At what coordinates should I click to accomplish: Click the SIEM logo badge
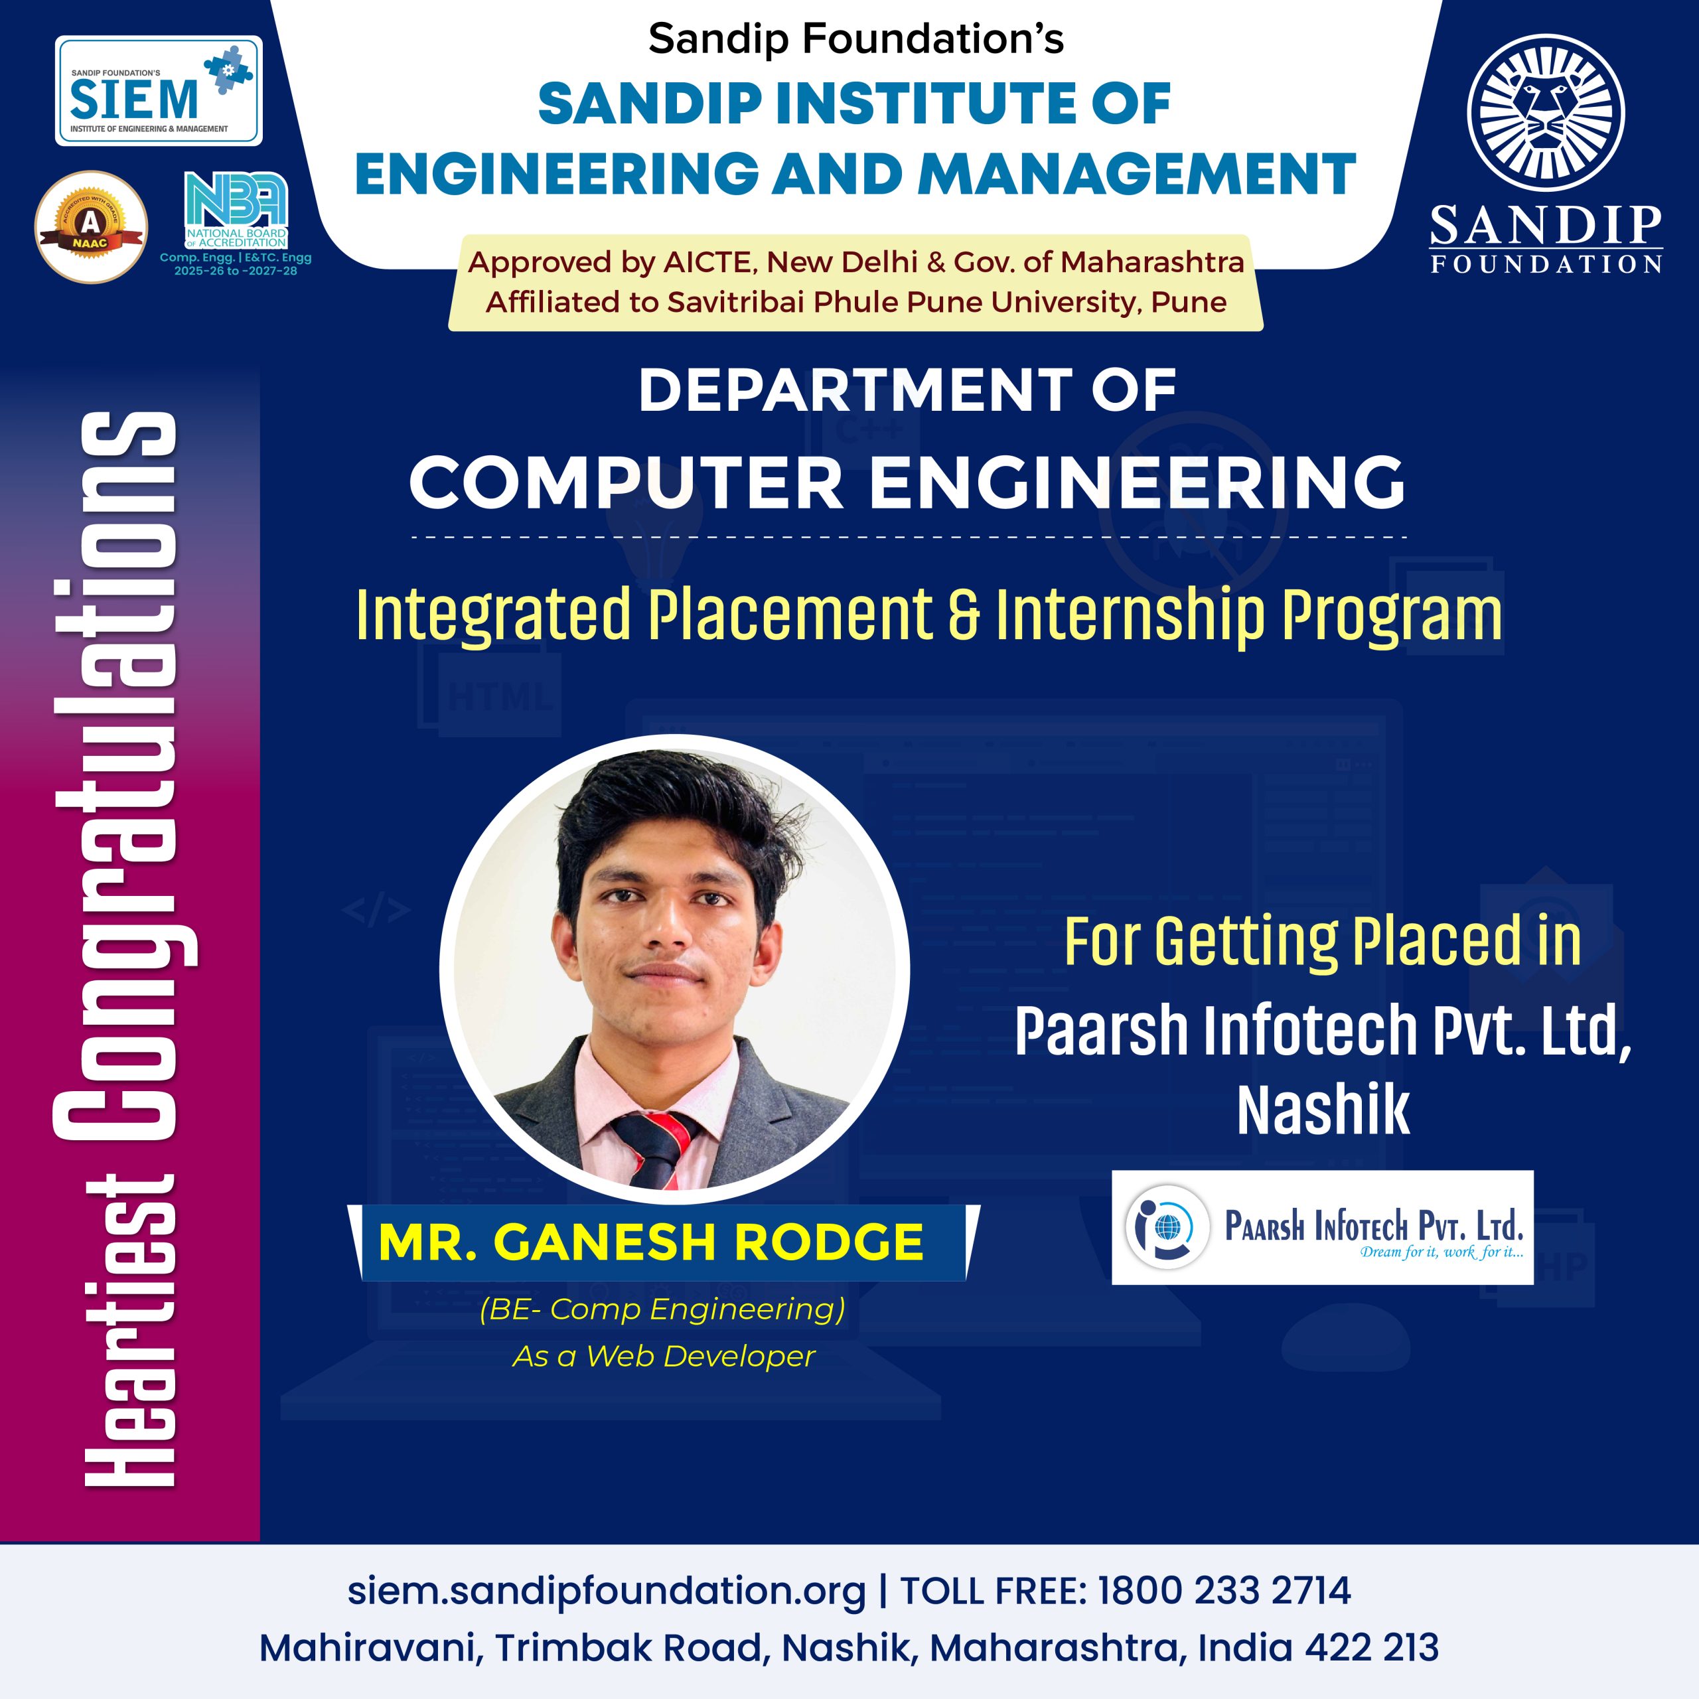[x=159, y=90]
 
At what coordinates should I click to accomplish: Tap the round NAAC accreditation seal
[x=90, y=227]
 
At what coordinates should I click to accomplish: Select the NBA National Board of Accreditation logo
[x=236, y=211]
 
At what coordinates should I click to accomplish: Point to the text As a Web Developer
[x=664, y=1356]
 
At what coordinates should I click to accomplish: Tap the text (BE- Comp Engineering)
[x=663, y=1309]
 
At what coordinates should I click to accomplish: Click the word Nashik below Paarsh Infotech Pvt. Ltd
[x=1323, y=1110]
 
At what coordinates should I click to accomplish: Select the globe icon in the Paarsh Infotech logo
[x=1169, y=1226]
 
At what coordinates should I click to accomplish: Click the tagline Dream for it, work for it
[x=1442, y=1252]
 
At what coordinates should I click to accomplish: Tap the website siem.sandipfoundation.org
[x=607, y=1591]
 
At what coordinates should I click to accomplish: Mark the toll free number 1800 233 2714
[x=1224, y=1591]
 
